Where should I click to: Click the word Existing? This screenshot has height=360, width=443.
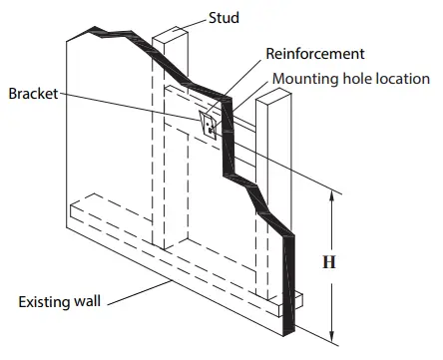(x=48, y=300)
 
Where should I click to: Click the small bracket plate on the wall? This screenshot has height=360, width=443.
(x=210, y=124)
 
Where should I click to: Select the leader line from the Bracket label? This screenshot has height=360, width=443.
(x=130, y=108)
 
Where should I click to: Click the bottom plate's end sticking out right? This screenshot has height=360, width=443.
(x=300, y=298)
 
